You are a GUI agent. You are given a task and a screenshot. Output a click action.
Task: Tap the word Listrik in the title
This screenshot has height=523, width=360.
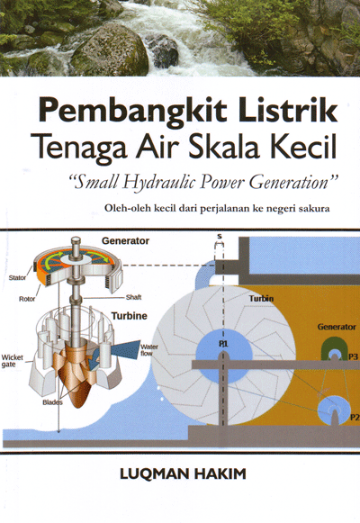[x=288, y=110]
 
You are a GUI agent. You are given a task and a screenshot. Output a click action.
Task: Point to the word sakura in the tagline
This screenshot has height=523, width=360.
[x=314, y=209]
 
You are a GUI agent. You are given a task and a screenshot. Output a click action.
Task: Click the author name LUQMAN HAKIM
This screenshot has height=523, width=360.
[x=183, y=474]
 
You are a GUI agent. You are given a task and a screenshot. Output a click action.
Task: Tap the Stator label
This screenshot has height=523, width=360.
[x=17, y=277]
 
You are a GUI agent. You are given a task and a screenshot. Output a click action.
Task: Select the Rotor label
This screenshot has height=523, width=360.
[x=27, y=299]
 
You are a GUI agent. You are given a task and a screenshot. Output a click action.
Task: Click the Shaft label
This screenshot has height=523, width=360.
[x=134, y=297]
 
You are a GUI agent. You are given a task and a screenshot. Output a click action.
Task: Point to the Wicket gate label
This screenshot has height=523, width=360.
[x=12, y=361]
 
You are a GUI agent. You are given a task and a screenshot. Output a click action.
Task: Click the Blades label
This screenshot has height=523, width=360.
[x=52, y=402]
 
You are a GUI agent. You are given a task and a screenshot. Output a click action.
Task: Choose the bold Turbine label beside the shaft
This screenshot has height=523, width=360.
[x=129, y=316]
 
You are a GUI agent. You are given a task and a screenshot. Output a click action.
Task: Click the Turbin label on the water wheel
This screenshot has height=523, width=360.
[x=261, y=298]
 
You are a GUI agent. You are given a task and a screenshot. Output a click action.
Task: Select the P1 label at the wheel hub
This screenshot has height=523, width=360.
[x=223, y=344]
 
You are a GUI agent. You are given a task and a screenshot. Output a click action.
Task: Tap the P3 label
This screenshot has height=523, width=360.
[x=353, y=356]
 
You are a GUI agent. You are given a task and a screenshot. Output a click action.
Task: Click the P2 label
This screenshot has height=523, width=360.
[x=355, y=417]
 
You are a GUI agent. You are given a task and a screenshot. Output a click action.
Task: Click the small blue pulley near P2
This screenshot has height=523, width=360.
[x=334, y=410]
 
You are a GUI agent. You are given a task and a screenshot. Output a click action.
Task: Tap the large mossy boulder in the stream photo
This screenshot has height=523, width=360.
[x=110, y=51]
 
